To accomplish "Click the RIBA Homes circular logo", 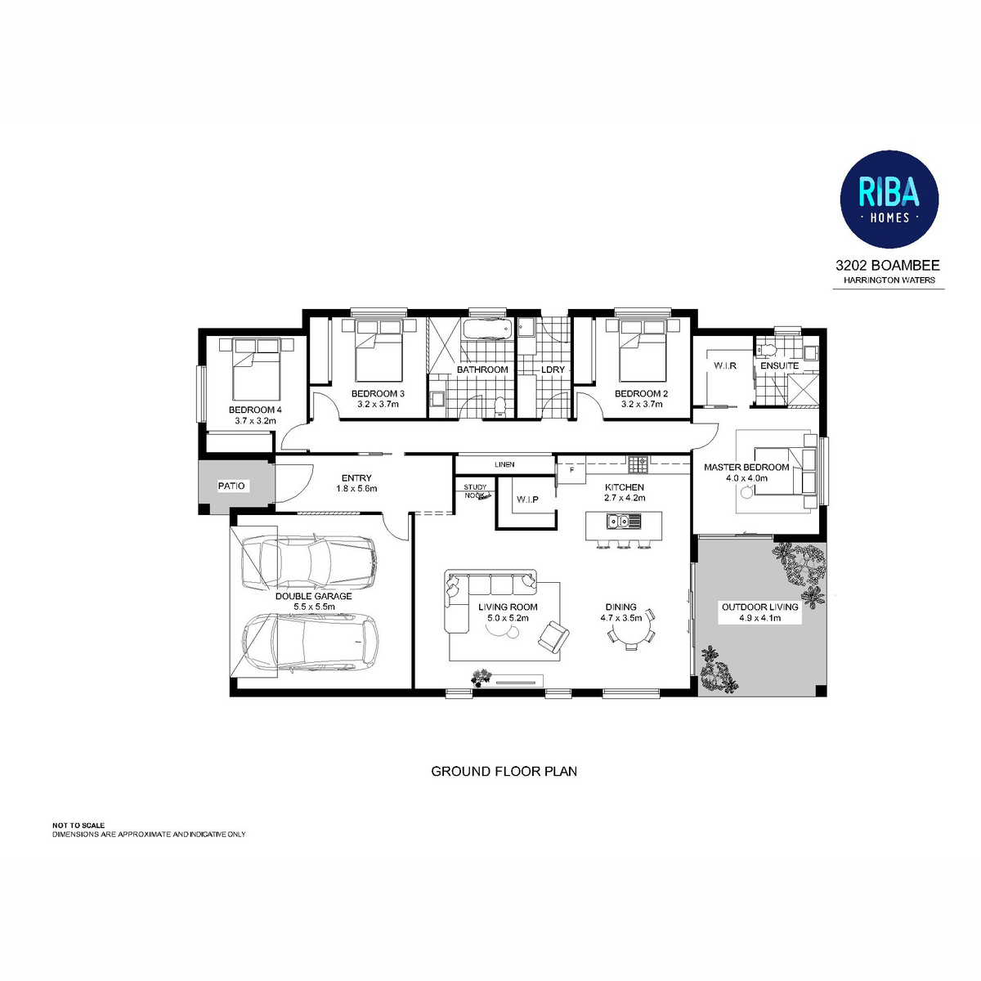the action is coord(889,199).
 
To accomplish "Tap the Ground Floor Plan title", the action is coord(504,771).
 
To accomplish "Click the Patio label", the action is coord(231,486).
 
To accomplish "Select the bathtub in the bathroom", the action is coord(486,330).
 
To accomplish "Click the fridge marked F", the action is coord(571,470).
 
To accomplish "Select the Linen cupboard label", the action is coord(504,464).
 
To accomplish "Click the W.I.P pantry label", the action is coord(527,499).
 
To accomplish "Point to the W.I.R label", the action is coord(725,365).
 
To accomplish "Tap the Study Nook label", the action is coord(475,491).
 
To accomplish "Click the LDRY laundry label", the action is coord(553,370).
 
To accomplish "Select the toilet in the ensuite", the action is coord(766,350).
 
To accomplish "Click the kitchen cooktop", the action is coord(638,464).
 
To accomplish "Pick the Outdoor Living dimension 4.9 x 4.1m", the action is coord(760,618).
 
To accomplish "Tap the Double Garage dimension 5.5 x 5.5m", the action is coord(314,607).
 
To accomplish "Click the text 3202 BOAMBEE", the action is coord(888,265).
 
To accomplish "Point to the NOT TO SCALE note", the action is coord(78,825).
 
